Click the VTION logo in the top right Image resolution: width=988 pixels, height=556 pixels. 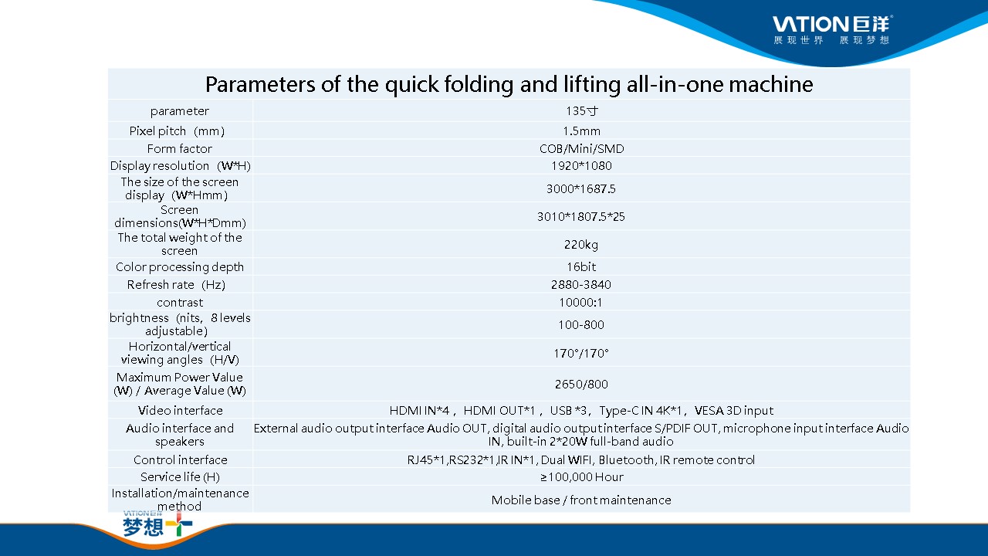pyautogui.click(x=832, y=29)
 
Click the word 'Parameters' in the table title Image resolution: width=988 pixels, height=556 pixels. pyautogui.click(x=260, y=84)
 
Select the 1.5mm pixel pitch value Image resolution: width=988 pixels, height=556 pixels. pyautogui.click(x=581, y=131)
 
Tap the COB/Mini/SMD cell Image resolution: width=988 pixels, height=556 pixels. pyautogui.click(x=581, y=149)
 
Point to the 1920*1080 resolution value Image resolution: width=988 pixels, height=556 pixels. pyautogui.click(x=581, y=166)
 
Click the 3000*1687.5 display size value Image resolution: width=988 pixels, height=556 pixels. pyautogui.click(x=581, y=189)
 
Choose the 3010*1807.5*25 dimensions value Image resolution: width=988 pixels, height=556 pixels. pyautogui.click(x=581, y=217)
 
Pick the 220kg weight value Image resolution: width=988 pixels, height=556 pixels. pyautogui.click(x=581, y=245)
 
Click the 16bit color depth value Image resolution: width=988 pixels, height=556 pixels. pyautogui.click(x=581, y=267)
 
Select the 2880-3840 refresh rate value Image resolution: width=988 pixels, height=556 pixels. pyautogui.click(x=581, y=285)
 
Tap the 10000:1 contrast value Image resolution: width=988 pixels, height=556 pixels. pyautogui.click(x=580, y=303)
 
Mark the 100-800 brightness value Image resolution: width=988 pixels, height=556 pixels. pyautogui.click(x=581, y=325)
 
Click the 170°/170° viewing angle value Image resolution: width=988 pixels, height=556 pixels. pyautogui.click(x=581, y=354)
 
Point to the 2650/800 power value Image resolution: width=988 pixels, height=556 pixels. pyautogui.click(x=581, y=385)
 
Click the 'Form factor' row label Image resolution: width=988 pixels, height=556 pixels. pyautogui.click(x=180, y=149)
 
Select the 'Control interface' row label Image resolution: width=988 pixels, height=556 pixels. pyautogui.click(x=181, y=459)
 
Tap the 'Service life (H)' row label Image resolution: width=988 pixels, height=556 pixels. pyautogui.click(x=180, y=477)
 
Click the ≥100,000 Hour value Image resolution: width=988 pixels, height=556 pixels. pyautogui.click(x=581, y=477)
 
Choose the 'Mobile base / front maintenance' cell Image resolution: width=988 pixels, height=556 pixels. pyautogui.click(x=581, y=500)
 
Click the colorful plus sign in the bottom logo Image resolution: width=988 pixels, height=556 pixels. pyautogui.click(x=179, y=524)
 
